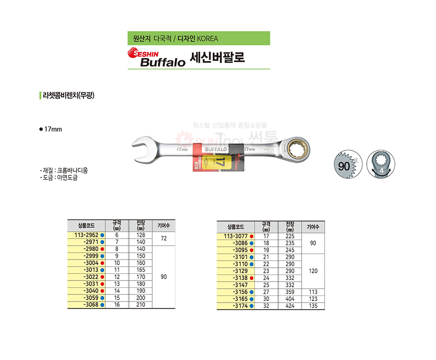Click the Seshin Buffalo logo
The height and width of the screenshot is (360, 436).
[156, 57]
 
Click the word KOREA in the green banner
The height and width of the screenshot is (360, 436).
[207, 38]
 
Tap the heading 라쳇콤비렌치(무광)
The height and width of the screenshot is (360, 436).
[68, 95]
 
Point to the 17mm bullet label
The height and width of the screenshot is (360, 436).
[51, 129]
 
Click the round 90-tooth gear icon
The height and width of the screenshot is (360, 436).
[348, 165]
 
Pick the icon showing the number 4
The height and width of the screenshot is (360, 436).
[381, 165]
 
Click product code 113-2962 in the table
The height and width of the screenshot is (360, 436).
[87, 235]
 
